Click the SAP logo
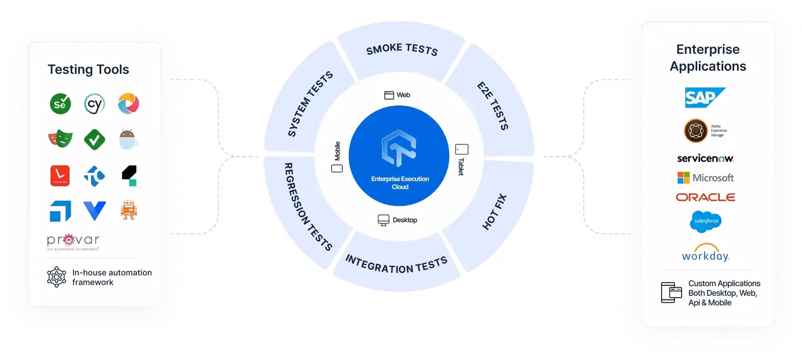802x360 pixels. [x=704, y=98]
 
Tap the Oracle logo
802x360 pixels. [x=705, y=198]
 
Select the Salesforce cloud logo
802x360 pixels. [x=705, y=221]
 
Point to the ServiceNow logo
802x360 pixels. [x=705, y=158]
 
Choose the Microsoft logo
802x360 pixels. [x=705, y=178]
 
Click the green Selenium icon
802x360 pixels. [x=60, y=104]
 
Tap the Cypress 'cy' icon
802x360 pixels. [x=94, y=104]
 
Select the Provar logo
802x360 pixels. [x=73, y=241]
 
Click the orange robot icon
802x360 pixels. [x=129, y=211]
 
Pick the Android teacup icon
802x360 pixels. [x=129, y=139]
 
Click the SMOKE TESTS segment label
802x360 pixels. [x=402, y=50]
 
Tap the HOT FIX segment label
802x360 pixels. [x=494, y=212]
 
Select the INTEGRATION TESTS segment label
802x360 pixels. [x=396, y=265]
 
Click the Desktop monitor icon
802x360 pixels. [x=383, y=220]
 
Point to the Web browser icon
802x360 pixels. [x=389, y=95]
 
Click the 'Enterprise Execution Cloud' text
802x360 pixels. [x=400, y=183]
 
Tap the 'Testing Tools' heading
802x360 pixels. [x=88, y=70]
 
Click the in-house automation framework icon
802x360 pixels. [x=57, y=277]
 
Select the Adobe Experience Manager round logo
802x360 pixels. [x=696, y=130]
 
